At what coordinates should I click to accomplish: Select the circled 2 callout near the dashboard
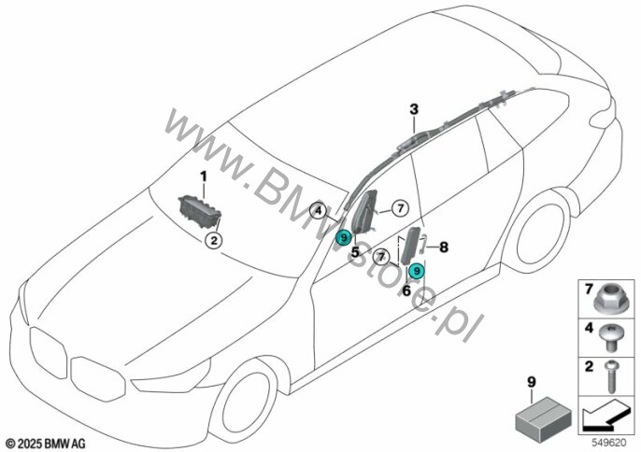(214, 241)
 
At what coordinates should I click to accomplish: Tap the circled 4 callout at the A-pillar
(319, 211)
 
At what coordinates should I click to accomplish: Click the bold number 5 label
(355, 251)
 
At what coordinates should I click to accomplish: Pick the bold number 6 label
(407, 290)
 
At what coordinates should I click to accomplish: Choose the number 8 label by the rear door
(444, 247)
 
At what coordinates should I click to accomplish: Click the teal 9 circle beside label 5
(344, 237)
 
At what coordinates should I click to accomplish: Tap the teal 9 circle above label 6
(417, 271)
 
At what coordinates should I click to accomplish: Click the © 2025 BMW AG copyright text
(45, 440)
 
